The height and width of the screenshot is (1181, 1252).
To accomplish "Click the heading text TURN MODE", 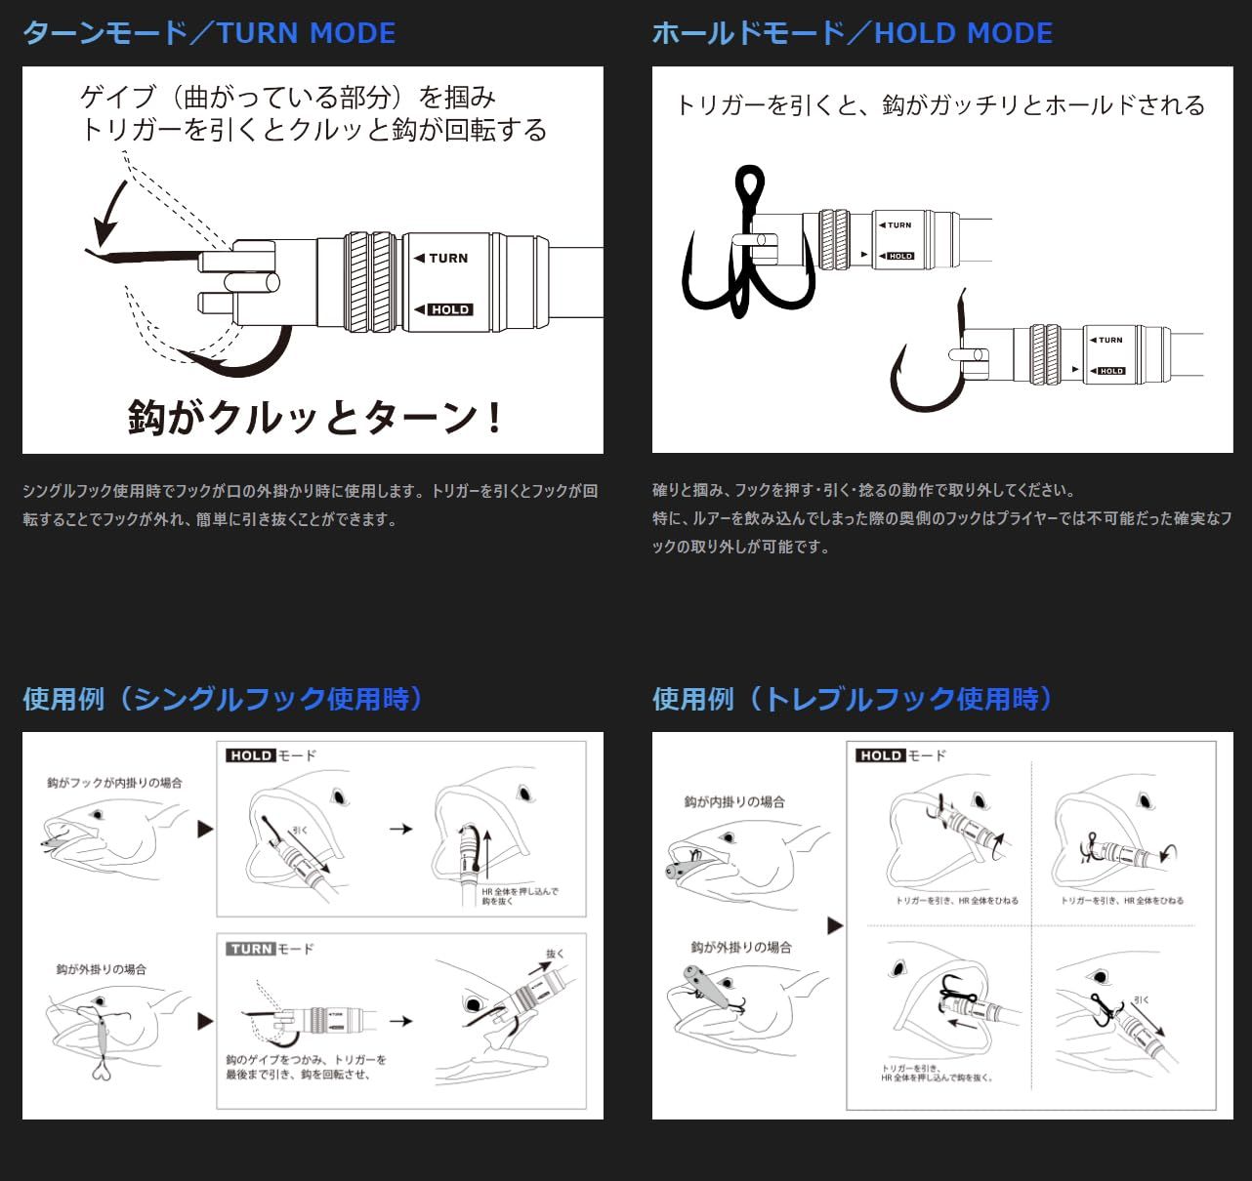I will pos(306,33).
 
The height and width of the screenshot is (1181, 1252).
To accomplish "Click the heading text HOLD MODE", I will pos(963,33).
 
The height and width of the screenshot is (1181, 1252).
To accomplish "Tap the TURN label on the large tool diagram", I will pos(447,258).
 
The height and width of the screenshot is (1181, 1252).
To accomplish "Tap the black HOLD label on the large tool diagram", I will pos(450,309).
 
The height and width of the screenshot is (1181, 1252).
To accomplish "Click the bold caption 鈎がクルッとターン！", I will pos(314,418).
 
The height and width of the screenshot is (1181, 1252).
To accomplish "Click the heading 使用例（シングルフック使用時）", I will pos(223,699).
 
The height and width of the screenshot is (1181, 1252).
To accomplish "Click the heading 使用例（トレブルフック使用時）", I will pos(853,699).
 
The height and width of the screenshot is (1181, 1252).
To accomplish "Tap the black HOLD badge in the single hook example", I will pos(251,755).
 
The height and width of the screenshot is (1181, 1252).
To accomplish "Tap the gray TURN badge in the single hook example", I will pos(251,949).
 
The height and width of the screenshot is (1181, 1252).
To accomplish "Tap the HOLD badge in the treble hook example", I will pos(880,755).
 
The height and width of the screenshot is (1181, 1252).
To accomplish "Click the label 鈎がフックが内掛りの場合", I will pos(114,783).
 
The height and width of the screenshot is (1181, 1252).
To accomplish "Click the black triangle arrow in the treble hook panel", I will pos(834,925).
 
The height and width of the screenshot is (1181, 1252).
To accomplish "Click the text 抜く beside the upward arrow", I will pos(555,954).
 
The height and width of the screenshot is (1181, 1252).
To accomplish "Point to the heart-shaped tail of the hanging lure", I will pos(101,1072).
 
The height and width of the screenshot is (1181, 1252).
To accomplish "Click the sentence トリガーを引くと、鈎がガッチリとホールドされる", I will pos(940,105).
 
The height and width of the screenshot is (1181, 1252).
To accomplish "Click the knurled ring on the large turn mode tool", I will pos(370,281).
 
